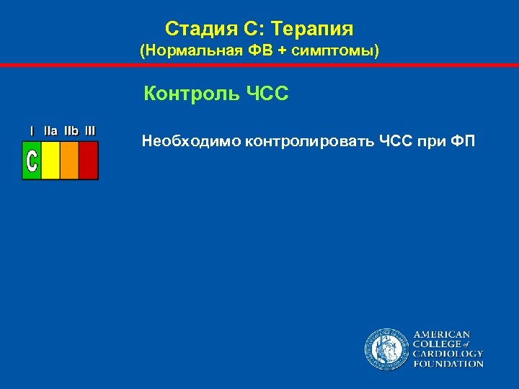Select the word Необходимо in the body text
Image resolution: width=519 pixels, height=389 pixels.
tap(191, 140)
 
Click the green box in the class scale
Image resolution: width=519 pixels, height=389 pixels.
tap(32, 160)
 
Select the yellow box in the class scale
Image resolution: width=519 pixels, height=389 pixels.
tap(50, 160)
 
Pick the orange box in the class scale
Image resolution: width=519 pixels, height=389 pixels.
tap(69, 160)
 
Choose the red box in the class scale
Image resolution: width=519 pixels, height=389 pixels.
tap(88, 160)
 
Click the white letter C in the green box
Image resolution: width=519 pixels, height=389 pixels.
tap(32, 160)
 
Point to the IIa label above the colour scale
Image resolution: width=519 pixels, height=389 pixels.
tap(51, 131)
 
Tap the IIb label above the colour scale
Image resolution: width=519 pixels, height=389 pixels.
tap(71, 131)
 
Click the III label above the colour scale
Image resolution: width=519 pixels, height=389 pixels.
tap(90, 131)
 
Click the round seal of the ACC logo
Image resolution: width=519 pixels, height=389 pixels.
tap(386, 349)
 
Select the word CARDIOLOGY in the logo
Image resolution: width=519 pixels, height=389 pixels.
tap(448, 354)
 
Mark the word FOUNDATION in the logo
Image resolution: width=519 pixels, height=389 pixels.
tap(448, 364)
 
